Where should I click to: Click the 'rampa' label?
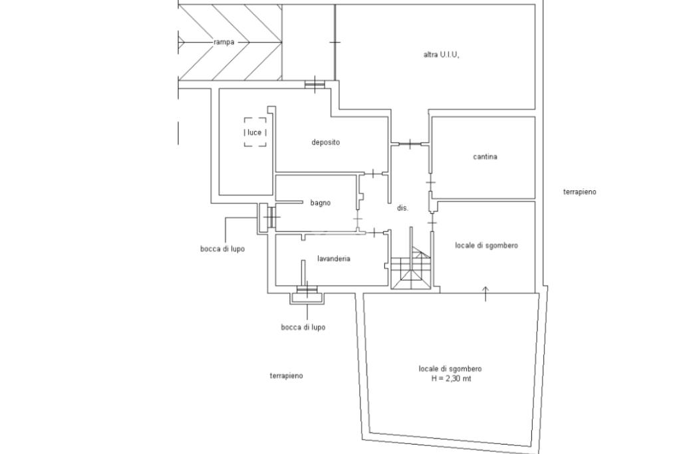(x=223, y=42)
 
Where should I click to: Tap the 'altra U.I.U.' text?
(x=441, y=55)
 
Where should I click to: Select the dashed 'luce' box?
(x=255, y=132)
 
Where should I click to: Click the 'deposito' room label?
(x=326, y=142)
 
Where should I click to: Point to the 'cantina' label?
(x=485, y=157)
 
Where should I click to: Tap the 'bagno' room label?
(x=320, y=203)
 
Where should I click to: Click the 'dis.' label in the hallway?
(x=402, y=208)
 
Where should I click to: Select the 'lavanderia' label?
(x=334, y=259)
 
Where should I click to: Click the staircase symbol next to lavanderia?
(x=412, y=269)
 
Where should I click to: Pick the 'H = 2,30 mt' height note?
(x=450, y=379)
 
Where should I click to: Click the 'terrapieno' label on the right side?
(x=579, y=192)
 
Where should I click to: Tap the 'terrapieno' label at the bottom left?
(x=286, y=376)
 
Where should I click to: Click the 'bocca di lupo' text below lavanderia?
(x=303, y=328)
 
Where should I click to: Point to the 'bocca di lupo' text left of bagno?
(x=222, y=249)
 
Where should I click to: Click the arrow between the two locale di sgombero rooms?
(x=485, y=293)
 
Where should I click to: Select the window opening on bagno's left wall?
(x=271, y=216)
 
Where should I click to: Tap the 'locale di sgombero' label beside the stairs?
(x=486, y=245)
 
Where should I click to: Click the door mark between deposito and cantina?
(x=410, y=144)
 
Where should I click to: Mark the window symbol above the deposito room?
(x=315, y=83)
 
